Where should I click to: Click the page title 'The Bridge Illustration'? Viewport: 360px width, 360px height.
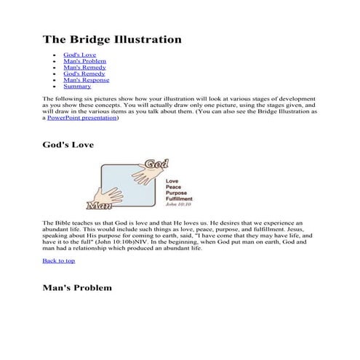[x=112, y=39]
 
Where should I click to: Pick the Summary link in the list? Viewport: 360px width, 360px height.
[x=76, y=87]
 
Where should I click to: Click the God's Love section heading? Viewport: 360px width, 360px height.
[x=68, y=145]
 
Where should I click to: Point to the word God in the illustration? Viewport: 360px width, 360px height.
[x=155, y=164]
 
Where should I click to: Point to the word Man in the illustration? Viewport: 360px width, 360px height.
[x=98, y=203]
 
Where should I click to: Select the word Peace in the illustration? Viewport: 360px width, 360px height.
[x=174, y=186]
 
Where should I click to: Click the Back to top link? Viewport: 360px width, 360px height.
[x=58, y=260]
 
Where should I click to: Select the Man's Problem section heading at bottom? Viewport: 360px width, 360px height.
[x=77, y=288]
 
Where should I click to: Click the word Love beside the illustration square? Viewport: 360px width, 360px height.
[x=172, y=180]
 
